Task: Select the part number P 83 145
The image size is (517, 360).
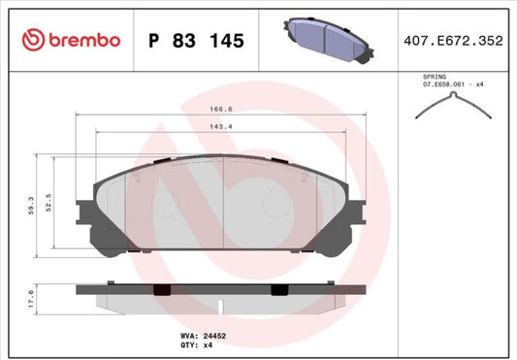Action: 195,40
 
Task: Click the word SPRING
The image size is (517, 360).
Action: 434,75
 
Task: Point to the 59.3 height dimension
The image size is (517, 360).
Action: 33,207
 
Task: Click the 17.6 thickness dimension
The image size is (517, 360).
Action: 33,296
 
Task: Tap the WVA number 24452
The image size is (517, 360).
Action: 213,334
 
